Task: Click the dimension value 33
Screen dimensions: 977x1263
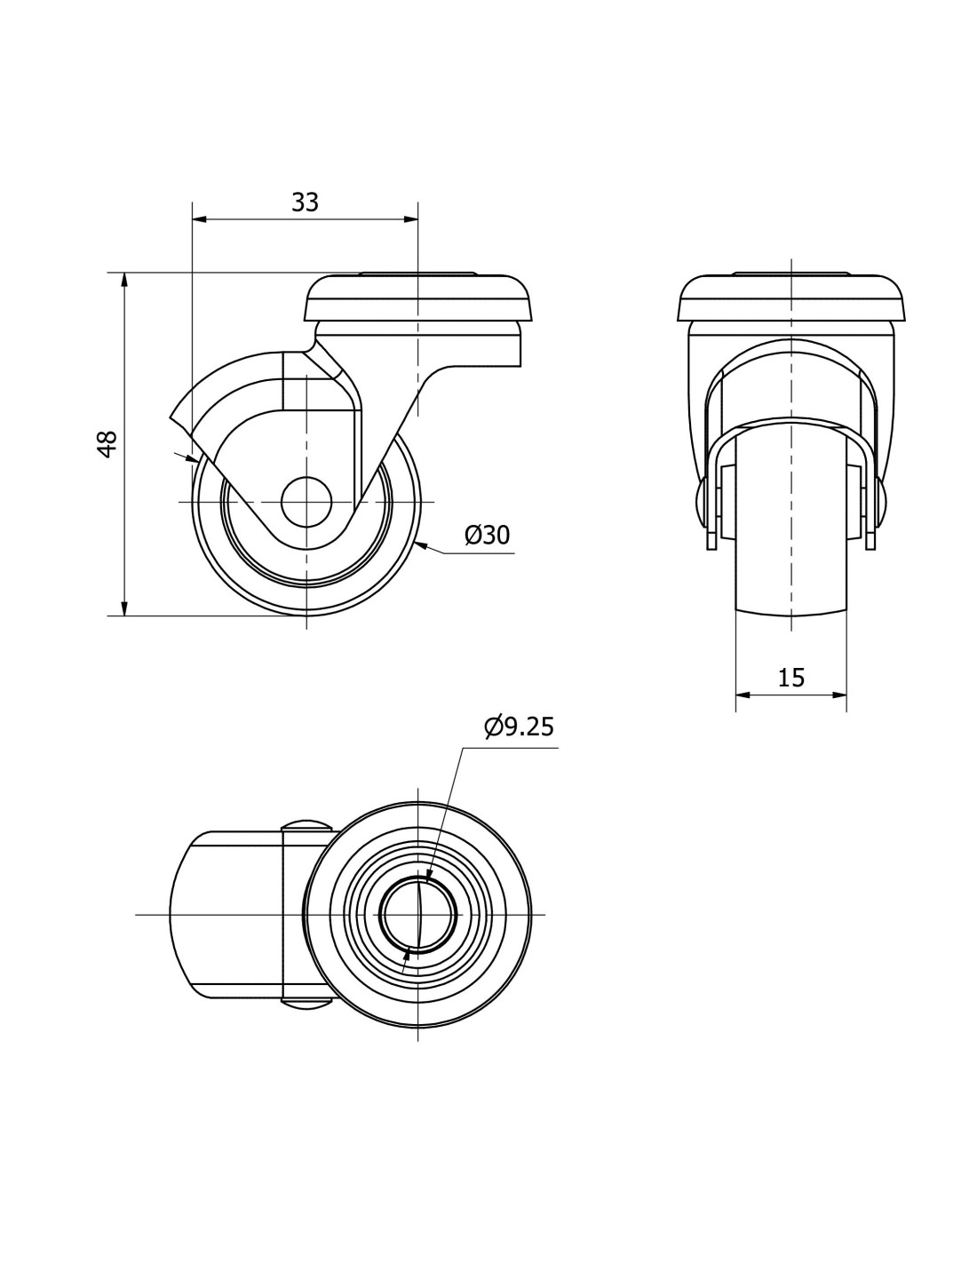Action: [305, 203]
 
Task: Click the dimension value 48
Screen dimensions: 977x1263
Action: [108, 444]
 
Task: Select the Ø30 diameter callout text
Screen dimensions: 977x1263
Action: [487, 535]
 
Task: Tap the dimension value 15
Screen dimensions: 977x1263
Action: [790, 677]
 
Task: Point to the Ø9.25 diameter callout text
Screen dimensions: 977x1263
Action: [519, 727]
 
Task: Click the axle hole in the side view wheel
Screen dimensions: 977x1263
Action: [306, 502]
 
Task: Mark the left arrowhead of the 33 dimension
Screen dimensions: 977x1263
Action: [199, 219]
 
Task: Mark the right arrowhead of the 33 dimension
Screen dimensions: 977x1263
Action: [410, 219]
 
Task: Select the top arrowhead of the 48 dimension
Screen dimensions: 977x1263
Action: [123, 280]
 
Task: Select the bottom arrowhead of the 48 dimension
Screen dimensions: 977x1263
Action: [123, 608]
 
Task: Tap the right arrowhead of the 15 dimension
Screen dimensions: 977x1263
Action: [838, 695]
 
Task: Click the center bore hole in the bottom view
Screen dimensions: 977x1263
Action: [417, 914]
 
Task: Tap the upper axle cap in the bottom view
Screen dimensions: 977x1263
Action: [306, 825]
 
